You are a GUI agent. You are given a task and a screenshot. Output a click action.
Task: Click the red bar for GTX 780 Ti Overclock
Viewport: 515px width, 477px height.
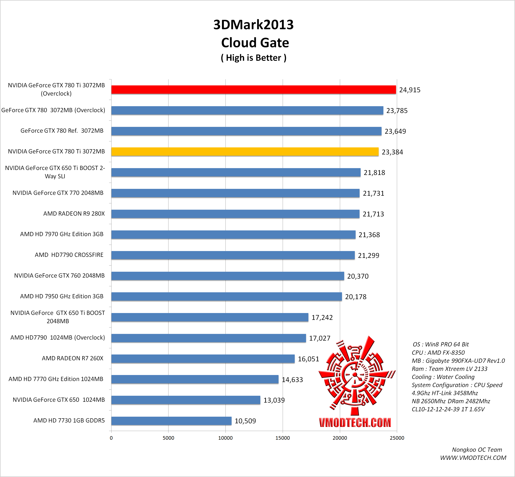tap(253, 90)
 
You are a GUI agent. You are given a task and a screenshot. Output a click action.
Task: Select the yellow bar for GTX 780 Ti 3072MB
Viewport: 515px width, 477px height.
tap(245, 152)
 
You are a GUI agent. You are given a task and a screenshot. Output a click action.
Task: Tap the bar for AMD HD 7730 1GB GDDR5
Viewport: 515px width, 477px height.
tap(171, 421)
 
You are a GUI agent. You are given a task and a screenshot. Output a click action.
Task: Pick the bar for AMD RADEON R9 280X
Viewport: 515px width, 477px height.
tap(235, 214)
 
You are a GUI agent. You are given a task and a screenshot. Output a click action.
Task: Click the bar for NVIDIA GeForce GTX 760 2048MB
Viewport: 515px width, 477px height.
tap(228, 276)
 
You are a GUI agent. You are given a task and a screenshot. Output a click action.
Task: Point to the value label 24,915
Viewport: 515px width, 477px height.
tap(410, 90)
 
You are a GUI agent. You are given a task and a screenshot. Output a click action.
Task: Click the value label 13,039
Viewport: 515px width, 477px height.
tap(274, 400)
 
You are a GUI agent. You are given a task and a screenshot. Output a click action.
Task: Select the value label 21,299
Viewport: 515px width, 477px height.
tap(368, 256)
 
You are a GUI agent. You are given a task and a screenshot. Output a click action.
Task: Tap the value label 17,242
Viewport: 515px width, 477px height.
tap(322, 318)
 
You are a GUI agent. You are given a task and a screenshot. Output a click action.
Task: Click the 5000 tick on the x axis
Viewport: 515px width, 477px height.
tap(168, 438)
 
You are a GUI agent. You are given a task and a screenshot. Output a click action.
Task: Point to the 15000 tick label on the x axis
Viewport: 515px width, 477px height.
tap(282, 438)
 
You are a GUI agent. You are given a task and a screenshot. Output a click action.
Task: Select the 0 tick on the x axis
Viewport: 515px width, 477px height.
tap(111, 438)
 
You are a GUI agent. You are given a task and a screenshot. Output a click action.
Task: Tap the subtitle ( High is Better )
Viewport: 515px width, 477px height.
tap(253, 58)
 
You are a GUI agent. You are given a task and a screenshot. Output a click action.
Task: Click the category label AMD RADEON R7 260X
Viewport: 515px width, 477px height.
tap(73, 358)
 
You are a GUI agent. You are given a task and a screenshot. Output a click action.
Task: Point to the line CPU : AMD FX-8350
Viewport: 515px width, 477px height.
tap(438, 353)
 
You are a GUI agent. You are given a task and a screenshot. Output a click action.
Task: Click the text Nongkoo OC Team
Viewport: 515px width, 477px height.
tap(477, 450)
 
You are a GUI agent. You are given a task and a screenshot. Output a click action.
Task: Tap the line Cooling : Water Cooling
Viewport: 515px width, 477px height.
tap(443, 377)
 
